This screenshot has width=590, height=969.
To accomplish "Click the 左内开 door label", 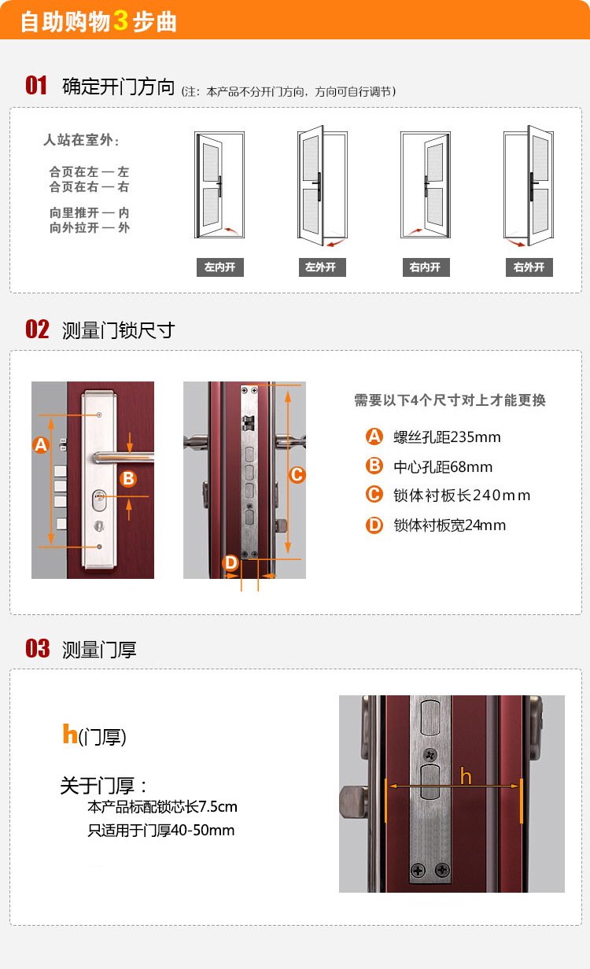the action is (220, 267).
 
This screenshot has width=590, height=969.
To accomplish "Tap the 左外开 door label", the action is (323, 267).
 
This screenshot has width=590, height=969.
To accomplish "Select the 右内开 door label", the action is (426, 267).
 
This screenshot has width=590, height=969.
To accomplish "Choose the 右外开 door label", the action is (529, 267).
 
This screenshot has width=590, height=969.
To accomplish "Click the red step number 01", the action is (36, 85).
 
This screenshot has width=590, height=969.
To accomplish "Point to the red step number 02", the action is (37, 330).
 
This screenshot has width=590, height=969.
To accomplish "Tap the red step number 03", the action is (37, 648).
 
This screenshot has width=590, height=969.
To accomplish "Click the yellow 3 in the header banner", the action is (120, 20).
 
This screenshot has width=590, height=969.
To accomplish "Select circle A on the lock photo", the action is (41, 444).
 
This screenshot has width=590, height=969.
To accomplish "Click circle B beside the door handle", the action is (128, 479).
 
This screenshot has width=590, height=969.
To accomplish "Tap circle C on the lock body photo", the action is (297, 474).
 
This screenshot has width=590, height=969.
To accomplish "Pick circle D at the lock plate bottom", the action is (230, 563).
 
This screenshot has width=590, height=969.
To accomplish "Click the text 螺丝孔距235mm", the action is (447, 437).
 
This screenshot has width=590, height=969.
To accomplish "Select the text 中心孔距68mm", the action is (443, 467).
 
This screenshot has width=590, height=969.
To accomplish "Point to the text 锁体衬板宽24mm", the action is (449, 525).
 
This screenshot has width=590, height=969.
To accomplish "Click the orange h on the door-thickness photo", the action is (466, 776).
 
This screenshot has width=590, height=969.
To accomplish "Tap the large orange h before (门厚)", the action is (70, 734).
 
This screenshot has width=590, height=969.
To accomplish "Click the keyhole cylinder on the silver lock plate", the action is (99, 499).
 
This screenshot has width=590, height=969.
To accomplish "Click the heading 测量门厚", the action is (99, 650).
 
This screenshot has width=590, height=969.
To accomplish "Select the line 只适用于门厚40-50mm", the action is (161, 830).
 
